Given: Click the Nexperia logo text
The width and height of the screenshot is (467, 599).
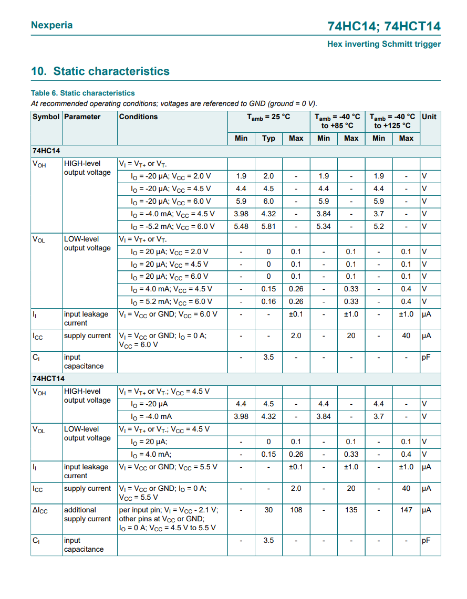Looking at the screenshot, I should [51, 25].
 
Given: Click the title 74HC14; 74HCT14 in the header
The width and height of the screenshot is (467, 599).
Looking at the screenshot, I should [384, 26].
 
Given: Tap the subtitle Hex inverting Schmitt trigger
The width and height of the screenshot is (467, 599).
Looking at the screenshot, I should [384, 44].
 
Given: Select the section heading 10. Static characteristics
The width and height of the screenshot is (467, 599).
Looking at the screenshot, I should [100, 71].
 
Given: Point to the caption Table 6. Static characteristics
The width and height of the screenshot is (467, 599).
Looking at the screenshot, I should [82, 93].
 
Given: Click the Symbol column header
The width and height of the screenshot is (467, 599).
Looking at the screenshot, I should [46, 117].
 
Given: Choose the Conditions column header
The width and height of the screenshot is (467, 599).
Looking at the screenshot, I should [138, 117].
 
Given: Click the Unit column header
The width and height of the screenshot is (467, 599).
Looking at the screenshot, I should [429, 117].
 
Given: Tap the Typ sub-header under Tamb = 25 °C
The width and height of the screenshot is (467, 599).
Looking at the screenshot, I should [268, 138].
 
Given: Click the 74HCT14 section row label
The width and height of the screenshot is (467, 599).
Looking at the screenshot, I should [48, 378].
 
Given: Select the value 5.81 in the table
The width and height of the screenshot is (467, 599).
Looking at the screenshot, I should [268, 226].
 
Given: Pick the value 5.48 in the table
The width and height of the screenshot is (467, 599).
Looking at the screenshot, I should [241, 226].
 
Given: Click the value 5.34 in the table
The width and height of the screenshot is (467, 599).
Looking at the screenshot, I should [324, 226].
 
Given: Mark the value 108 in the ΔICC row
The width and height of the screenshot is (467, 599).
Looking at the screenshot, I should [296, 510].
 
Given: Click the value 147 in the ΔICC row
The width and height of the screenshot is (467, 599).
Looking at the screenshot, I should [406, 510].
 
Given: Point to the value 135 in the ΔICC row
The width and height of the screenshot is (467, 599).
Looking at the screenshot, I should [351, 510].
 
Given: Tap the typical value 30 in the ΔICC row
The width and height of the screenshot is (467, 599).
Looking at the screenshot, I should [268, 510].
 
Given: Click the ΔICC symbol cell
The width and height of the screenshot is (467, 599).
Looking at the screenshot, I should [40, 510].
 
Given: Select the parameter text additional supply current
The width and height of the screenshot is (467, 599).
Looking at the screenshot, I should [87, 514].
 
